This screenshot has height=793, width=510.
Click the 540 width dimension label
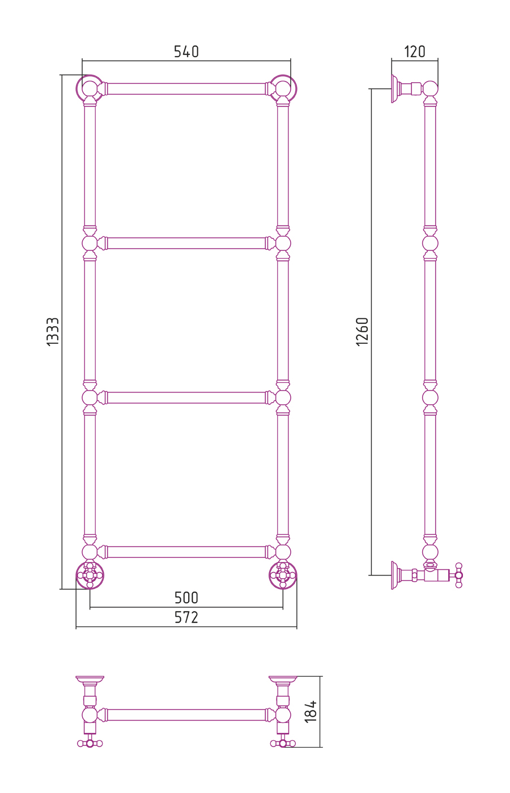186,52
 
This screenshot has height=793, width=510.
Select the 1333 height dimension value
53,332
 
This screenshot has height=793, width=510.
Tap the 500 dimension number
186,598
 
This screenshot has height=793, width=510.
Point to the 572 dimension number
186,617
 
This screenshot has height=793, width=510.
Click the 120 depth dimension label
415,52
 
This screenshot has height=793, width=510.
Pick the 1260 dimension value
363,332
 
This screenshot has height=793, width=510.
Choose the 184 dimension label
311,711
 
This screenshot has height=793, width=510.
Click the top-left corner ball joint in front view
90,88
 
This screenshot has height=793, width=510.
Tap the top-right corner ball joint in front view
283,88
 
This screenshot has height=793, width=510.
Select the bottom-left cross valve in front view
90,575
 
